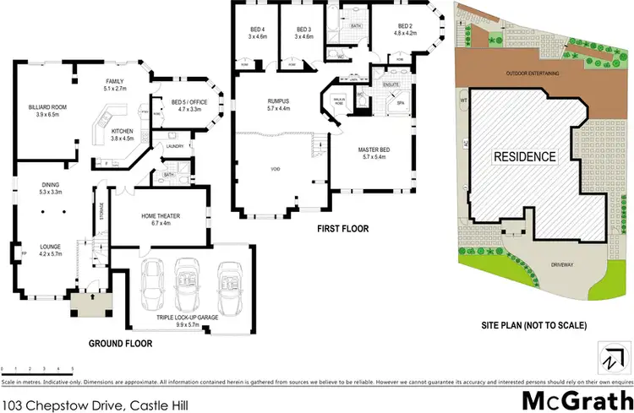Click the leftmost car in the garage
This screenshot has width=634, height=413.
(154, 280)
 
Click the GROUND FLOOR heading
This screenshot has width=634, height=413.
(120, 344)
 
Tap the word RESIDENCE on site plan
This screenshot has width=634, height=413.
(525, 156)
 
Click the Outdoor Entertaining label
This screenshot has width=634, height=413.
(533, 74)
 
